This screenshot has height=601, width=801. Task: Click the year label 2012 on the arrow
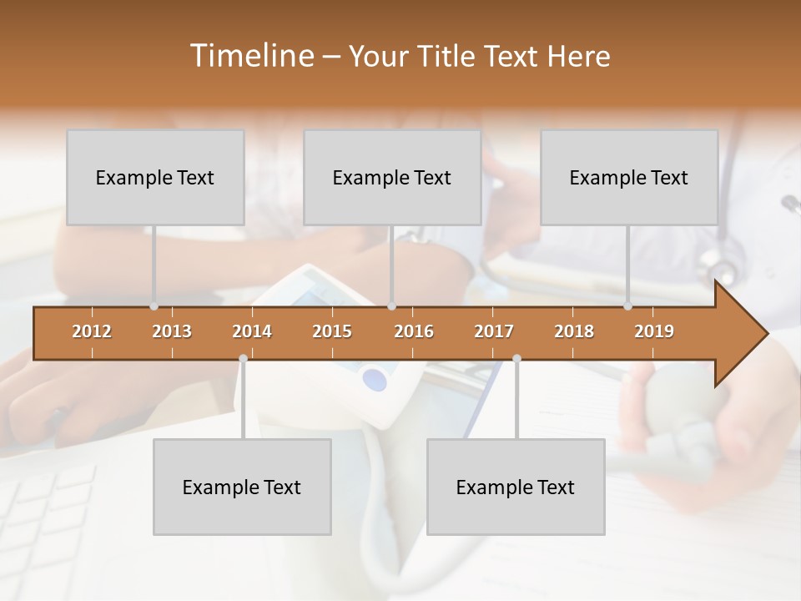coord(92,331)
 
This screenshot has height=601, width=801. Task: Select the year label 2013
coord(172,331)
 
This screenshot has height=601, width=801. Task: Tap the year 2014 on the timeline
coord(252,331)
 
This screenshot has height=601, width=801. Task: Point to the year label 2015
coord(332,331)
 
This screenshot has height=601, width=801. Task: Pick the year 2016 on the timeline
coord(414,331)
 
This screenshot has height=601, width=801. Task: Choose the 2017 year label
coord(494,331)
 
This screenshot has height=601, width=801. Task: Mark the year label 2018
coord(574,331)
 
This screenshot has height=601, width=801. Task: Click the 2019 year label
coord(654,331)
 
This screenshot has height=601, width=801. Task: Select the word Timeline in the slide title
coord(251,56)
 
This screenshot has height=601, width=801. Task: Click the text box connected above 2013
coord(155,177)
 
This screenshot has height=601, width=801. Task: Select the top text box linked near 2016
coord(392,177)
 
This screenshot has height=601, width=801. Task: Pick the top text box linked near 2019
coord(629,177)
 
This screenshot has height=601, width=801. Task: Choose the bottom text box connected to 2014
coord(242,487)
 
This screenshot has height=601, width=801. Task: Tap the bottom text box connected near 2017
coord(516,487)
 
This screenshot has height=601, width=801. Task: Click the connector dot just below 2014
coord(243,359)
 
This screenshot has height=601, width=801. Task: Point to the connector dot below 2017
coord(516,359)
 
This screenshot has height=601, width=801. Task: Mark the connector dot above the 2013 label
coord(154,306)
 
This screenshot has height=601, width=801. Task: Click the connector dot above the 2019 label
coord(627,306)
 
